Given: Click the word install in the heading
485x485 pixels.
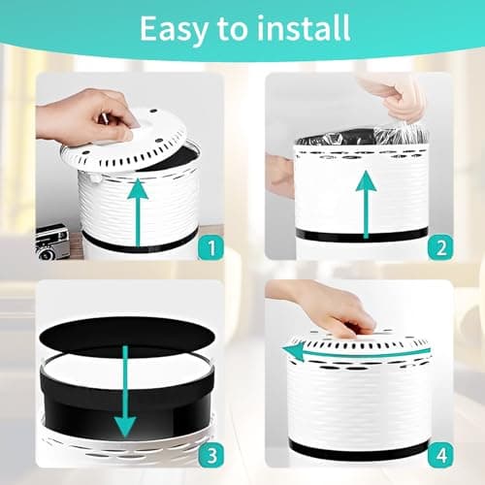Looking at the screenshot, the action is pos(304,28).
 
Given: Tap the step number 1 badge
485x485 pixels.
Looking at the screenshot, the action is pos(211,247).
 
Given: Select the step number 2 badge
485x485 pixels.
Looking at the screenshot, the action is pos(440,247).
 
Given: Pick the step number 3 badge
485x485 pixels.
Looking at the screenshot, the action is pos(211,455).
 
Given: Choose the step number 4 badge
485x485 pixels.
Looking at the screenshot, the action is pos(440,455).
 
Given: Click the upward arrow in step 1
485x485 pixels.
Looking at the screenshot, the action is pos(138,212).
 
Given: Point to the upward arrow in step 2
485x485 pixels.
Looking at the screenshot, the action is pos(366,205).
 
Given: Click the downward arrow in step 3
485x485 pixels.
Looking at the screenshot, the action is pos(125,391).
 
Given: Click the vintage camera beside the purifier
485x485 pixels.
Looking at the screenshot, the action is pos(52,242).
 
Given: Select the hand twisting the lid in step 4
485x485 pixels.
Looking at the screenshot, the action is pos(323,308).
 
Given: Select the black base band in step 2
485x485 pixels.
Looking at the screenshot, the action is pos(362,235).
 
